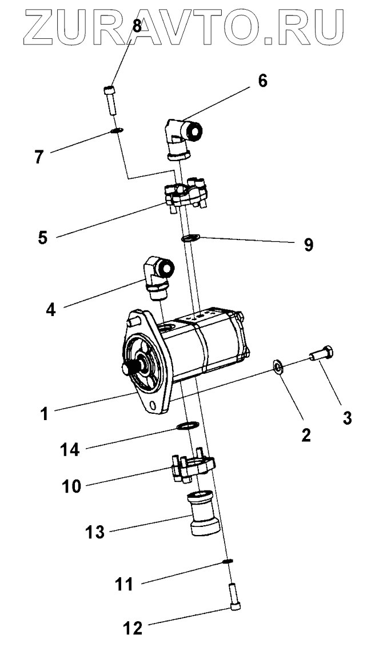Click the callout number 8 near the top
137,25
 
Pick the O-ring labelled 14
187,425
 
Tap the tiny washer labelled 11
228,561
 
